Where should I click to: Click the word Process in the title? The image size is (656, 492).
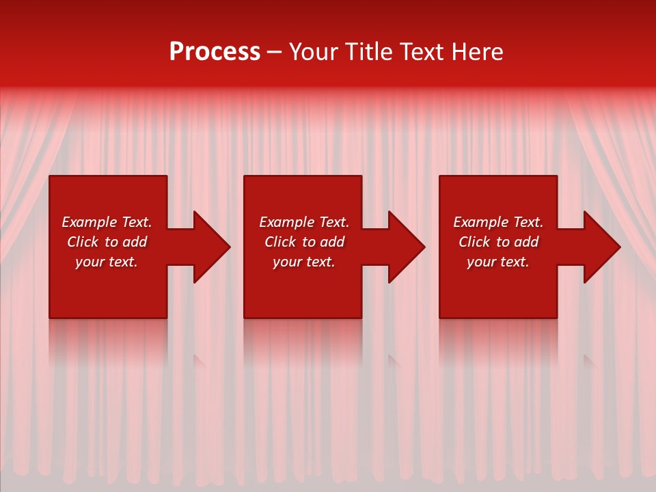click(x=215, y=52)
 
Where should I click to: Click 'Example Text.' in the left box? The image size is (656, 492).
click(x=107, y=222)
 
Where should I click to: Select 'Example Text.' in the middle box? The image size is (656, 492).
click(x=304, y=222)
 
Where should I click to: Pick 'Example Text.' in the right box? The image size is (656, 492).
click(x=498, y=222)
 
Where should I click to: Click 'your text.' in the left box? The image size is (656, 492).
click(x=107, y=262)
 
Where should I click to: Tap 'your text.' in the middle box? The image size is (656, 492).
click(x=304, y=262)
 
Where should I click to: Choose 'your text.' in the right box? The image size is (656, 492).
click(x=498, y=262)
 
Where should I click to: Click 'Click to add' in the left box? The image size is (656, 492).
click(x=107, y=242)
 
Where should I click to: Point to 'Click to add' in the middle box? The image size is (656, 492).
click(x=304, y=242)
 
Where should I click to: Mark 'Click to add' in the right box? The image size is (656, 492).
click(x=498, y=242)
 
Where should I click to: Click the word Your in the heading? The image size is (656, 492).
click(x=314, y=52)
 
